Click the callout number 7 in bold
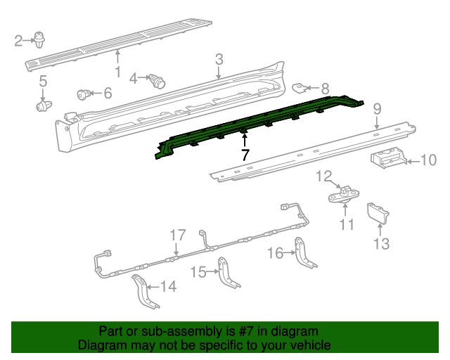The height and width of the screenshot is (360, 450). tap(245, 155)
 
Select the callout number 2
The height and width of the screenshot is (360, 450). tap(19, 41)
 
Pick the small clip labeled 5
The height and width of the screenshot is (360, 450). tap(44, 106)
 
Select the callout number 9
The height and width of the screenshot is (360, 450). tap(377, 108)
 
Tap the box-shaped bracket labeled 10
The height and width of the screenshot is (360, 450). tap(387, 160)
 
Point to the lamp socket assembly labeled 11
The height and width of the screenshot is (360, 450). tap(342, 195)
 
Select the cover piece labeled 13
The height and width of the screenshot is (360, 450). tap(380, 214)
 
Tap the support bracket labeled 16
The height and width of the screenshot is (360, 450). tap(306, 252)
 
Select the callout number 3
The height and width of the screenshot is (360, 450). tap(219, 59)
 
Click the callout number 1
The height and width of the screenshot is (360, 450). tap(117, 72)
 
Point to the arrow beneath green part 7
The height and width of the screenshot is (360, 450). tap(245, 138)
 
